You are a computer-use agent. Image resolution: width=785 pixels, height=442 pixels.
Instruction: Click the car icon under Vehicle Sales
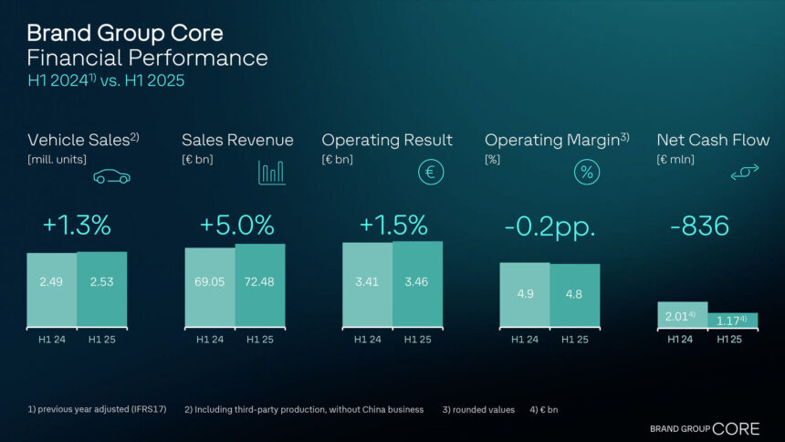[111, 175]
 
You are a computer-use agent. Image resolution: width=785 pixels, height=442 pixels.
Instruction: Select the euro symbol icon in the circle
[431, 172]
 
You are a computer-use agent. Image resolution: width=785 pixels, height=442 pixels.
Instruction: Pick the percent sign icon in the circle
[587, 172]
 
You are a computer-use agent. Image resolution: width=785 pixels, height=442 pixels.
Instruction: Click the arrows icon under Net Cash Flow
[745, 173]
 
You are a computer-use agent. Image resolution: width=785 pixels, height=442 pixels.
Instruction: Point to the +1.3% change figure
[77, 226]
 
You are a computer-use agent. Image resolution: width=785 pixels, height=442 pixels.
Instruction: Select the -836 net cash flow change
[699, 226]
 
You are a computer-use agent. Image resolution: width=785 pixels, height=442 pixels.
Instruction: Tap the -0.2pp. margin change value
[549, 226]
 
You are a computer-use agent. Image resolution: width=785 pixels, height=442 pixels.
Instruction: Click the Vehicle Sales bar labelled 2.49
[51, 289]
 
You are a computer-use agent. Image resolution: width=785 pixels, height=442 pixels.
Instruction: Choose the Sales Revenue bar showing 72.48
[260, 285]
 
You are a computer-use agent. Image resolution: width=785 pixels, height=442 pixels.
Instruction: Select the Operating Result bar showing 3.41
[367, 284]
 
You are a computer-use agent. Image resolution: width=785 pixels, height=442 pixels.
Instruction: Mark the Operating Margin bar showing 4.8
[575, 294]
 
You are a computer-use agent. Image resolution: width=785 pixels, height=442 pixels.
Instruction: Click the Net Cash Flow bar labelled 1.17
[732, 321]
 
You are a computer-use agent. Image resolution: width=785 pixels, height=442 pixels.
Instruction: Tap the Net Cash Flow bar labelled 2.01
[682, 315]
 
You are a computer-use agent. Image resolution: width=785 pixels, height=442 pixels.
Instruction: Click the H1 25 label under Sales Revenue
[260, 340]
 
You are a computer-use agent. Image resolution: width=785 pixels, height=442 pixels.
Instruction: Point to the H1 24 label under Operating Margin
[524, 340]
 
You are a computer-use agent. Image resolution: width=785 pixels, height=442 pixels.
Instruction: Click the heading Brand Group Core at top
[124, 34]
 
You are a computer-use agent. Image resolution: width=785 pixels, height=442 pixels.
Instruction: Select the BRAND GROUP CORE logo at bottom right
[704, 427]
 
